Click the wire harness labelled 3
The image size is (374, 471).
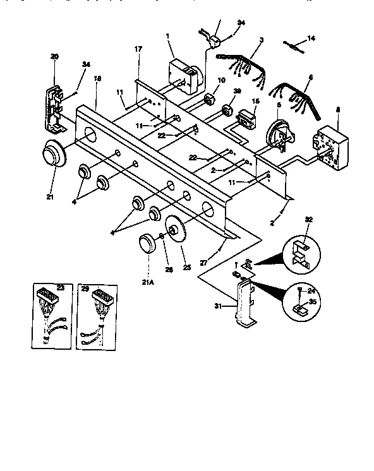click(243, 64)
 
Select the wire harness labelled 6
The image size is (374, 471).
click(296, 100)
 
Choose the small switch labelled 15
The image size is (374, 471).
click(248, 120)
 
